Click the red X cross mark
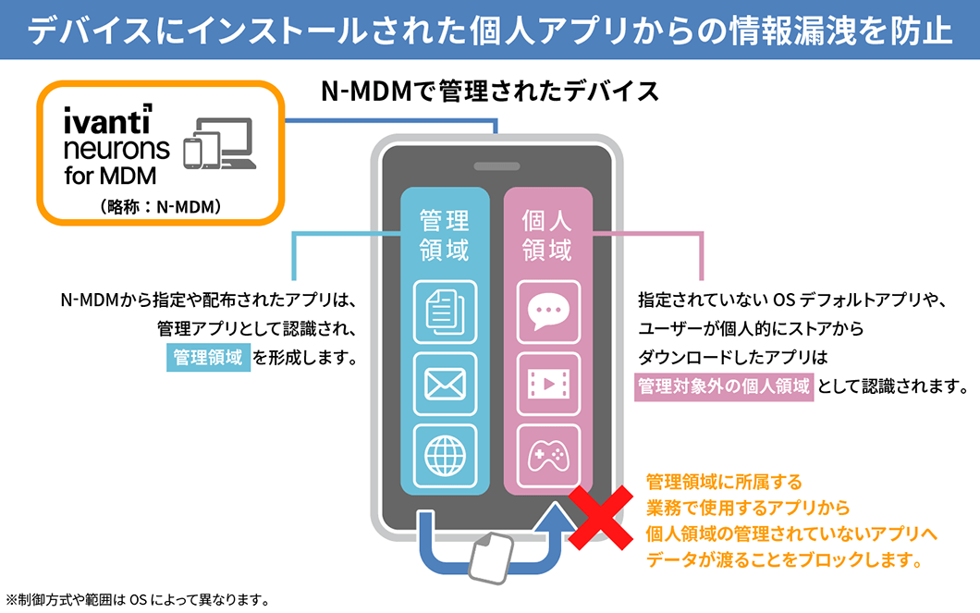[606, 518]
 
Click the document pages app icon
[445, 312]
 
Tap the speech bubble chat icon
[548, 312]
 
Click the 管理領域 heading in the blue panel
[445, 235]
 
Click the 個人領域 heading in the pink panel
[548, 235]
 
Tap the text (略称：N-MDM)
[159, 207]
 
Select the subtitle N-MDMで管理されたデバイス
[489, 92]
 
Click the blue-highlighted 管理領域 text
[208, 357]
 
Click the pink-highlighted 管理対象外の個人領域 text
[724, 386]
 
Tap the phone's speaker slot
[496, 167]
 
